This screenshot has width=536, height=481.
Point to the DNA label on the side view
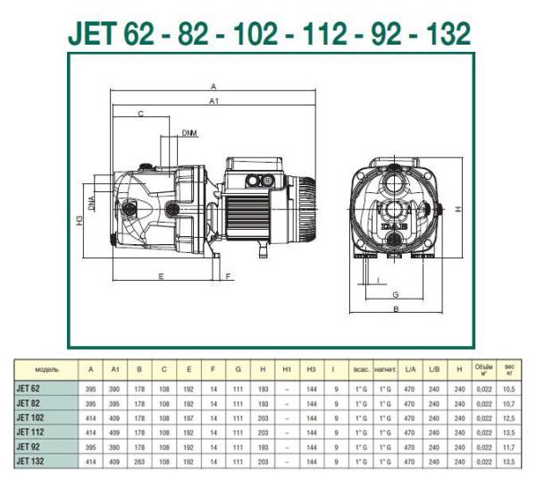click(93, 205)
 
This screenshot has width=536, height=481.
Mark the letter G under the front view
click(394, 294)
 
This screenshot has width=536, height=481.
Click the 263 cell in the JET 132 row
click(139, 460)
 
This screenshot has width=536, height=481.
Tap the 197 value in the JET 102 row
click(188, 418)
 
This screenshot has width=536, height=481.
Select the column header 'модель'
click(46, 368)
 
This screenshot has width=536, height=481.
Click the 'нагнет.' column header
click(386, 368)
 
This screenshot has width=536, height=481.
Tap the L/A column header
click(410, 368)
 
